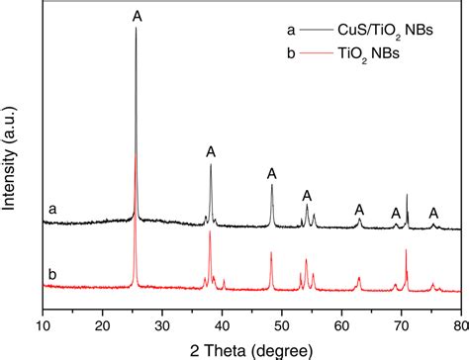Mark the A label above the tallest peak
pyautogui.click(x=136, y=15)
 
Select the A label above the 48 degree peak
pyautogui.click(x=272, y=174)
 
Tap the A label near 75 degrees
pyautogui.click(x=433, y=213)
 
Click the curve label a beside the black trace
pyautogui.click(x=50, y=210)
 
